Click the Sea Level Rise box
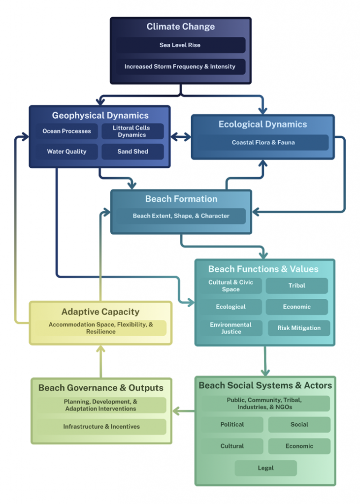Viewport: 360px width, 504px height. click(180, 45)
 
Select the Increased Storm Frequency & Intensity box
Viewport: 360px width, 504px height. click(180, 66)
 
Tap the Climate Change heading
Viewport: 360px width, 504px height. click(180, 27)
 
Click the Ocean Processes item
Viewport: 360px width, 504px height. click(66, 131)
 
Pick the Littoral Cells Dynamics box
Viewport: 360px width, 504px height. click(132, 131)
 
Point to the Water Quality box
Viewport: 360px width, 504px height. click(66, 152)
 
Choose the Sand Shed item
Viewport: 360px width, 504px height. click(132, 152)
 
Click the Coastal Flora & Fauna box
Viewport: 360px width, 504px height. click(263, 143)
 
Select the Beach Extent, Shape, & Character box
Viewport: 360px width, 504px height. click(181, 216)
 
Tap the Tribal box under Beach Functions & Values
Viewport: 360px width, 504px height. click(296, 285)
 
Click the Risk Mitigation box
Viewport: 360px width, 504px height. click(298, 328)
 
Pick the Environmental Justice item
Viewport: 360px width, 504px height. click(230, 328)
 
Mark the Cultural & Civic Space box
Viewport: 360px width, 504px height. click(230, 286)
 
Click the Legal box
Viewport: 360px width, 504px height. click(265, 468)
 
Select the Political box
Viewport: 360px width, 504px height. click(232, 425)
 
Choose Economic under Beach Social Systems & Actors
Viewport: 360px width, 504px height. click(299, 446)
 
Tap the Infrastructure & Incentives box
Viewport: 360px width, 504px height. click(101, 427)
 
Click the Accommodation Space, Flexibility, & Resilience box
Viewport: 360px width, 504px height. click(101, 328)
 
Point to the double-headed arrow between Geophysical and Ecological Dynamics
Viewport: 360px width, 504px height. click(181, 137)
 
